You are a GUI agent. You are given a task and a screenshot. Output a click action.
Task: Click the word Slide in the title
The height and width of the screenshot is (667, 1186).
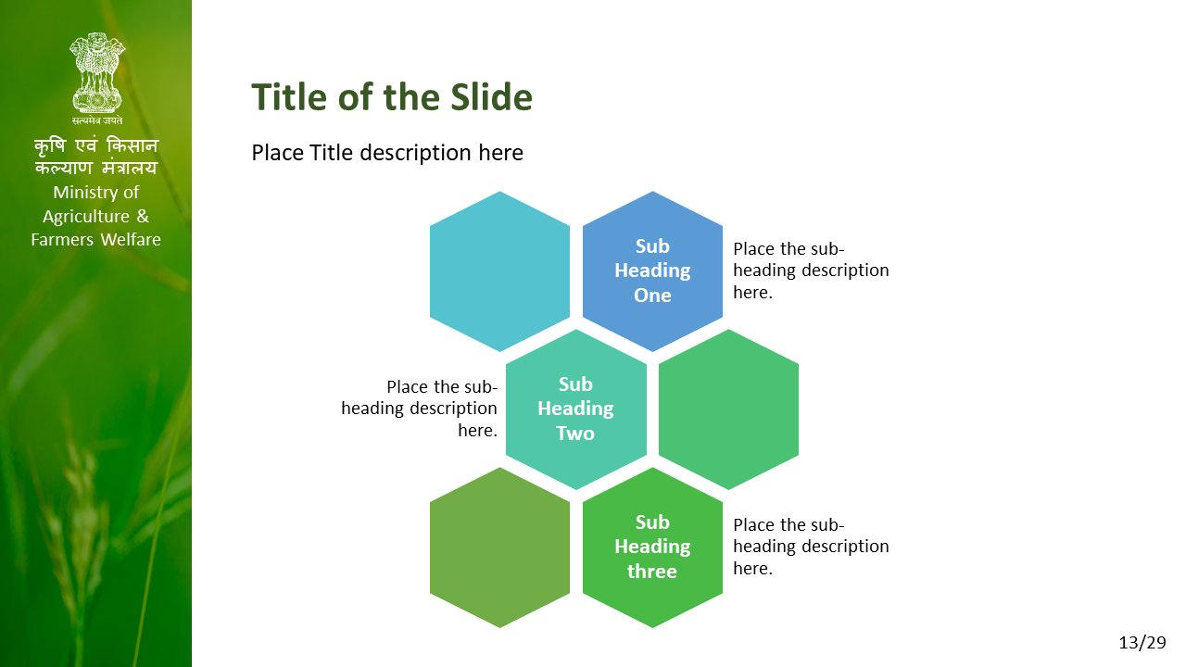click(491, 97)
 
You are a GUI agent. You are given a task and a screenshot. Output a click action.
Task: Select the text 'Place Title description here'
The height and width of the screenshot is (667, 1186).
click(387, 153)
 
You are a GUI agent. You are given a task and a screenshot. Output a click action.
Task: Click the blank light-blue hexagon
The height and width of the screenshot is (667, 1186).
click(499, 271)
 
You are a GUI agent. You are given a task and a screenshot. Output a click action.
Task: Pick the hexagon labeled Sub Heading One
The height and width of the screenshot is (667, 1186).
click(652, 271)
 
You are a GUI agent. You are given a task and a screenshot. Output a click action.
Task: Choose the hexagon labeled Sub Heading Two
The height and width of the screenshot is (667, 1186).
click(575, 409)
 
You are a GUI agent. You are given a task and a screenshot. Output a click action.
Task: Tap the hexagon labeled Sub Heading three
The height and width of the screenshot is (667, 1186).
click(652, 547)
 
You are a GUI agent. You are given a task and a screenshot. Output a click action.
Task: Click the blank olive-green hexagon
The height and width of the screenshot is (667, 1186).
click(499, 547)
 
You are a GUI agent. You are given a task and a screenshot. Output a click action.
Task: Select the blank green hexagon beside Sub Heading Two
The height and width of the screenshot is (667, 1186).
click(728, 409)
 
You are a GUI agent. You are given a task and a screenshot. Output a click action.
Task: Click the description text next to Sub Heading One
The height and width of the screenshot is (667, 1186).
click(811, 271)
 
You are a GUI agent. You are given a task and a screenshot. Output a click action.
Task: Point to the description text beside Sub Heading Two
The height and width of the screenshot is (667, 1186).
click(420, 409)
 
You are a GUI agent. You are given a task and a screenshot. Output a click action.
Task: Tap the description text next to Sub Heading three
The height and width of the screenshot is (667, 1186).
click(811, 547)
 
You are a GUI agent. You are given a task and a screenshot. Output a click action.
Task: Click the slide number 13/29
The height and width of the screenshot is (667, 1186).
click(1142, 643)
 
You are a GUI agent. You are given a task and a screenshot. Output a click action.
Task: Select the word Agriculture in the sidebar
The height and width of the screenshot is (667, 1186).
click(86, 217)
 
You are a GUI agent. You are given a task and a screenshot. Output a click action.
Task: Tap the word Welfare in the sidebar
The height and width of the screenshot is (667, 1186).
click(131, 240)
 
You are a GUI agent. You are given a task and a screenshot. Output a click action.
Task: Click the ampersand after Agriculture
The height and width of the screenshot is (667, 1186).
click(143, 216)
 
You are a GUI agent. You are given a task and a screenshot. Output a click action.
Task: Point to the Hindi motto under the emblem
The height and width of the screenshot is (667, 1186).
click(97, 120)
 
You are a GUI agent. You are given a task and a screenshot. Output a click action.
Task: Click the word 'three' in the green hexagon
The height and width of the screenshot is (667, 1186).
click(652, 572)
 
